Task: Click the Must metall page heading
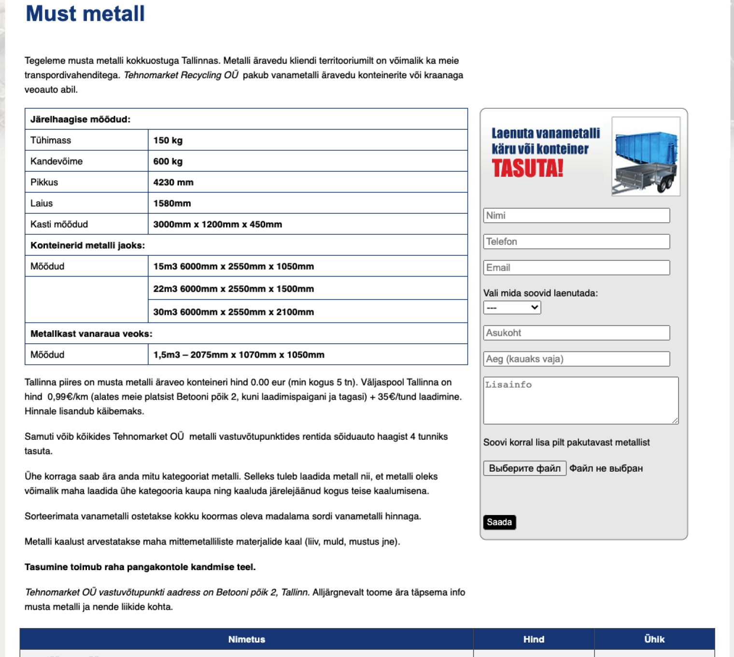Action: pos(85,14)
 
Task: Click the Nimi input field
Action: pos(576,215)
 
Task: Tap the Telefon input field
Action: pos(576,241)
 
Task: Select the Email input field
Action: pos(576,267)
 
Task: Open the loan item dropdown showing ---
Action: pos(512,308)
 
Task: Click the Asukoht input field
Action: pos(576,333)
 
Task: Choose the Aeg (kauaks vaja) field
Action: pos(576,359)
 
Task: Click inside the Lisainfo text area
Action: pos(580,400)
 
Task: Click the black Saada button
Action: pos(499,522)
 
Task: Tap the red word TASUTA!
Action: pos(527,168)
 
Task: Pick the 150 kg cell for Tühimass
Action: pos(168,140)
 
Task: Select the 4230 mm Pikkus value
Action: pos(173,182)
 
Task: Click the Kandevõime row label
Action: pos(56,161)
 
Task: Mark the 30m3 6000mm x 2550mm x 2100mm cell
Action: pos(234,312)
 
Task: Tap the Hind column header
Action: pos(534,639)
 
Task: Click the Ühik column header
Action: pos(654,639)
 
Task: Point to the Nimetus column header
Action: pos(246,639)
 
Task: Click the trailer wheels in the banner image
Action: pos(666,184)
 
